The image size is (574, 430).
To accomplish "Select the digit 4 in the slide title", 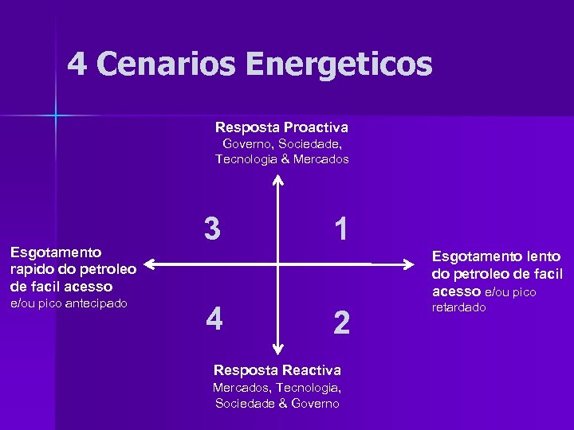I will coord(77,63).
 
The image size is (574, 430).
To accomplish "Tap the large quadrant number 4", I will coord(213,319).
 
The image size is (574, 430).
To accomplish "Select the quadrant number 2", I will coord(341,322).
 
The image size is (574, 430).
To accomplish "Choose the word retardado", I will coord(458,307).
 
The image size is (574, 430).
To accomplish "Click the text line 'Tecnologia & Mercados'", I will coord(282,159).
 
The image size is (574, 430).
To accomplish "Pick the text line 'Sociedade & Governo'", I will coord(277,403).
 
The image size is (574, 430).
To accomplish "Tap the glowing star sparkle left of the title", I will coord(56,115).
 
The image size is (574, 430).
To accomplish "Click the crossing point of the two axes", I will coord(277,264).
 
